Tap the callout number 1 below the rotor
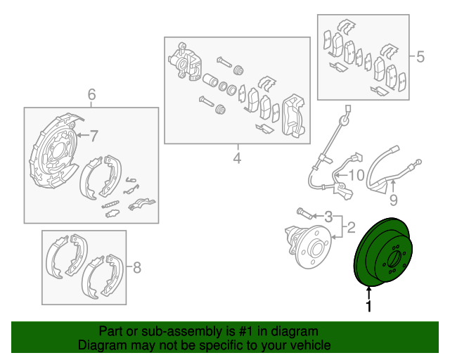tap(368, 307)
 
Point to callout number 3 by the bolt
tap(328, 216)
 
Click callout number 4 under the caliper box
tap(237, 159)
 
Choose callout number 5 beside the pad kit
tap(420, 57)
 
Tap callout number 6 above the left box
tap(91, 95)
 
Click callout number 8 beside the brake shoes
tap(137, 267)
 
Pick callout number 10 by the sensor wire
tap(355, 174)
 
